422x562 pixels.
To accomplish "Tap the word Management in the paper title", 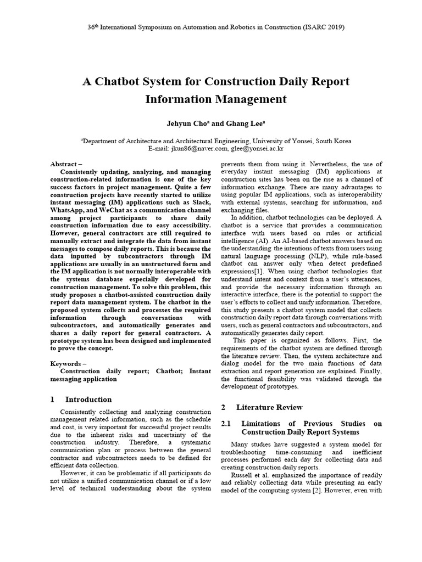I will click(252, 99).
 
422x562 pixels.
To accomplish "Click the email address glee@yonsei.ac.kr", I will click(257, 148).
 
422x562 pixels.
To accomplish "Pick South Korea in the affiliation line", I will click(331, 141).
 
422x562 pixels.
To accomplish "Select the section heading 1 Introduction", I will click(81, 399).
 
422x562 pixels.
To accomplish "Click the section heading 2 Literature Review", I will click(262, 407).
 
